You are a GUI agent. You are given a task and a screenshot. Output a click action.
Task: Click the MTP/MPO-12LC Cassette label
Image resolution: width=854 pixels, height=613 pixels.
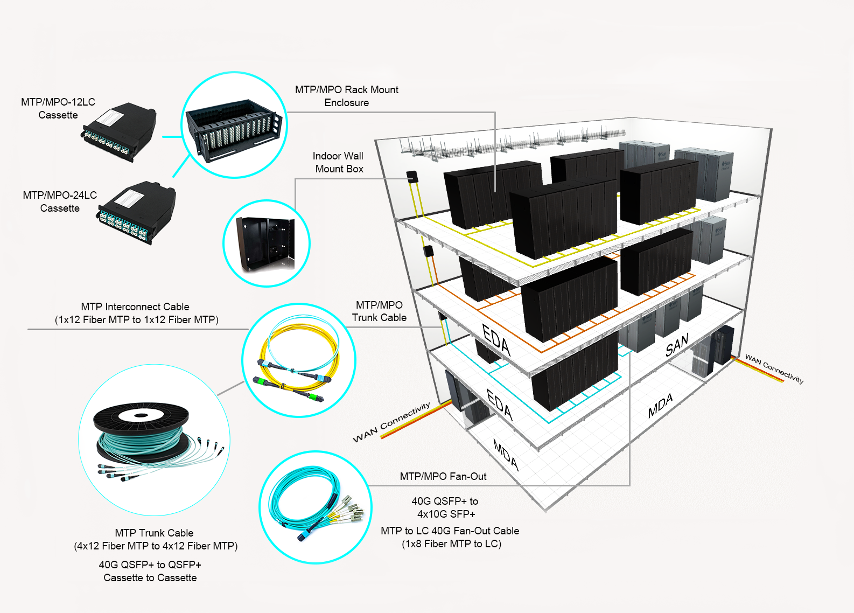[58, 108]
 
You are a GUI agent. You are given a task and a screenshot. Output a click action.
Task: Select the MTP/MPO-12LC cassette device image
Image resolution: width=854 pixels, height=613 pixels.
[121, 131]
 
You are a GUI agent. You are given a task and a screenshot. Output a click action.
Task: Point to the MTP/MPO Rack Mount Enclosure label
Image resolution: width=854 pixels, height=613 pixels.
[346, 96]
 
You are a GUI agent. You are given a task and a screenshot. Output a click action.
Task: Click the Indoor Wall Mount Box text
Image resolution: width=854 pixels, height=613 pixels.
[339, 162]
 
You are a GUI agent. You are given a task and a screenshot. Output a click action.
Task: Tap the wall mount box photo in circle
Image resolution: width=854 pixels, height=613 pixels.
[266, 243]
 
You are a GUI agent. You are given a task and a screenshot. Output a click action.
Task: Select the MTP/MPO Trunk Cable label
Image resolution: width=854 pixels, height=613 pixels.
[379, 311]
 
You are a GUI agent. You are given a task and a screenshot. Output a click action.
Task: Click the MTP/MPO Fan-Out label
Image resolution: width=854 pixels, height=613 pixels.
[443, 476]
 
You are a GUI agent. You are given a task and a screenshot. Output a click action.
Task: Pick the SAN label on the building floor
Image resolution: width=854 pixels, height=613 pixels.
[677, 345]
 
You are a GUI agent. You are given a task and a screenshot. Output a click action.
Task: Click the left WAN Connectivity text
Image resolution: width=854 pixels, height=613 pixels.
[391, 422]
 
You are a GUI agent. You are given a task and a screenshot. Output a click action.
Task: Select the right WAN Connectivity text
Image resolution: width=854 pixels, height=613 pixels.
[774, 368]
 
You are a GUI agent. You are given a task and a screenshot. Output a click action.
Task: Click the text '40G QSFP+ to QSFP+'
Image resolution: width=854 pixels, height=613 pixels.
[150, 565]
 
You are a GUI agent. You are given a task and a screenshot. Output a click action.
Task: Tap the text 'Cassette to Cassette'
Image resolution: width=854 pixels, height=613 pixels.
[150, 577]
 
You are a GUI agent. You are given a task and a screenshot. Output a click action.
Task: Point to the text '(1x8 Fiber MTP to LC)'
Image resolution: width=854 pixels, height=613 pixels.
[451, 544]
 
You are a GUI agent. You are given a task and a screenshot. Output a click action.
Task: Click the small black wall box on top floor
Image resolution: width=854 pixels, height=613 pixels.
[412, 176]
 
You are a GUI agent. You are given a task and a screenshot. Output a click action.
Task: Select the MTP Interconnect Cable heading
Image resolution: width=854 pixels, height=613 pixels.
[135, 307]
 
